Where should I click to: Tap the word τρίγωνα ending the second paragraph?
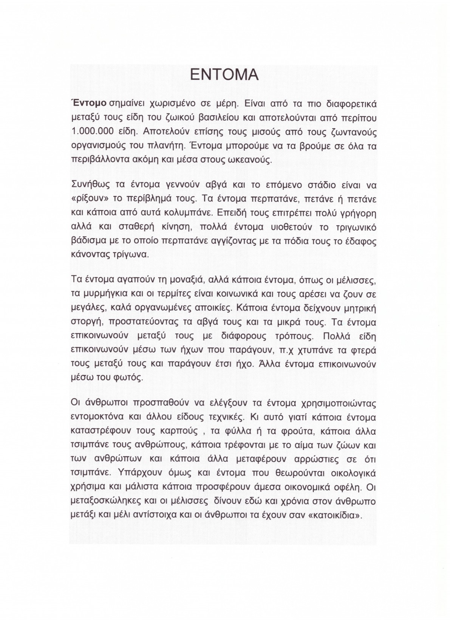pos(130,254)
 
